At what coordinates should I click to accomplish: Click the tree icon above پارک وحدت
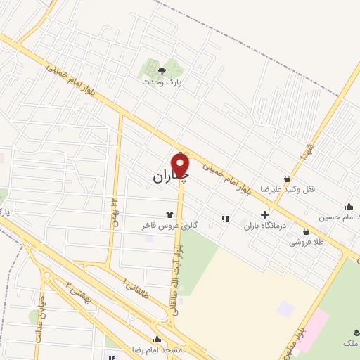[x=162, y=71]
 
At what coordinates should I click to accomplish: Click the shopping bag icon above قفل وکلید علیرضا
[x=288, y=179]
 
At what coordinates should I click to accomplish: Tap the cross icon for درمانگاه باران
[x=264, y=215]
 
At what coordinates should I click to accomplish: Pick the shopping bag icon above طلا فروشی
[x=306, y=231]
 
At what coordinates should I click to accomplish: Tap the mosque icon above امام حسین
[x=349, y=206]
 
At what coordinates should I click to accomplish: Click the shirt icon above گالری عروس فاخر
[x=169, y=215]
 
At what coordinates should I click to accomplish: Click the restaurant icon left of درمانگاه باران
[x=225, y=219]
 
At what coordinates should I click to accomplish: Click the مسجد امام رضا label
[x=157, y=349]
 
